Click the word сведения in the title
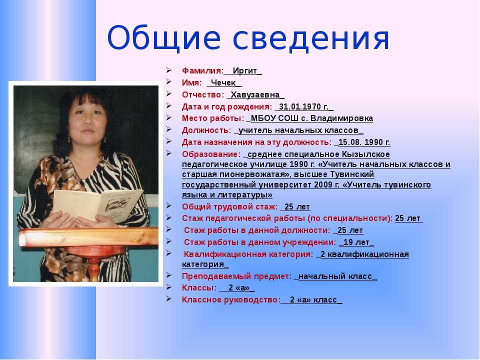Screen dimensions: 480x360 [x=311, y=38]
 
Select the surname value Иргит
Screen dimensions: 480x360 [x=245, y=70]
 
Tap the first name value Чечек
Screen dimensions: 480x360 [x=223, y=82]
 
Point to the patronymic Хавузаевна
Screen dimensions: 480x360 [x=255, y=94]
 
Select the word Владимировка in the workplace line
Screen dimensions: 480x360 [x=341, y=118]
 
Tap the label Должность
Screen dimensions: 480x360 [x=205, y=130]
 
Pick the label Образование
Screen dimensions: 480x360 [x=209, y=154]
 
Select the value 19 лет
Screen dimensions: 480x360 [x=356, y=242]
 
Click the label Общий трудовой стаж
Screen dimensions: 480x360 [x=229, y=207]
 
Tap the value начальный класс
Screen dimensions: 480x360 [x=335, y=276]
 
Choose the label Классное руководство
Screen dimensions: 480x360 [x=230, y=299]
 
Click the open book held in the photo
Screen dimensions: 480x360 [x=98, y=204]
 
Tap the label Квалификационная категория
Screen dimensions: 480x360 [x=248, y=254]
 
